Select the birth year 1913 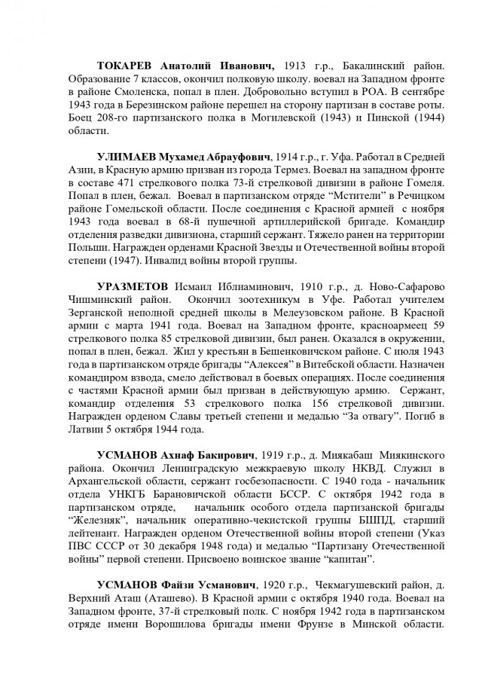click(294, 66)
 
